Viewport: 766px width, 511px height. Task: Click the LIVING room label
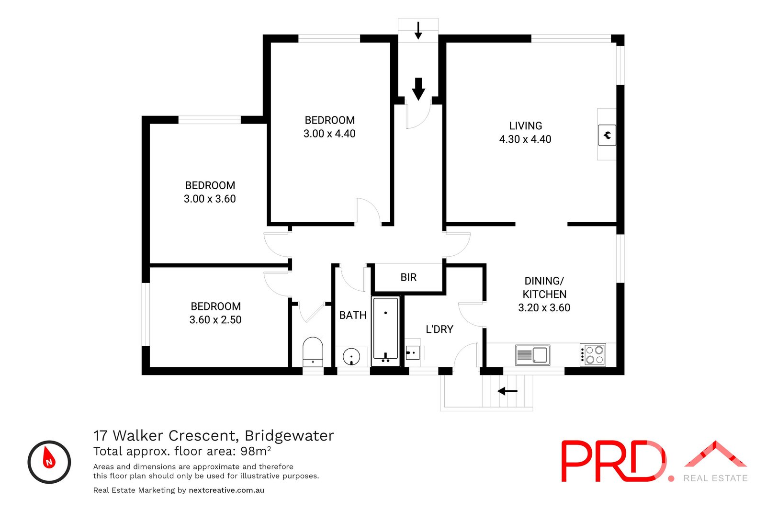click(525, 126)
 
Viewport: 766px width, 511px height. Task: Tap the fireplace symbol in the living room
click(607, 135)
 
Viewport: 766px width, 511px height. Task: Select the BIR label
click(408, 277)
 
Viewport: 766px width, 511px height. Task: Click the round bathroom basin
click(351, 357)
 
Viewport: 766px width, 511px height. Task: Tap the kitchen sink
click(532, 355)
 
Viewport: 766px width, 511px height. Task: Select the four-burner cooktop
click(593, 355)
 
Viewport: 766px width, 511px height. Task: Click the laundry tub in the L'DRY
click(412, 353)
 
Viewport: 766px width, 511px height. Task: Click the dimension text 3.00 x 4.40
click(329, 134)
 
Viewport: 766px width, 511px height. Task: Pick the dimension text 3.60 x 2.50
click(215, 320)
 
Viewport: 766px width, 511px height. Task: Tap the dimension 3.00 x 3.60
click(210, 199)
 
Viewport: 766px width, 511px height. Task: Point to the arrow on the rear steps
click(507, 391)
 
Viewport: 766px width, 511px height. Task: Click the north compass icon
click(49, 462)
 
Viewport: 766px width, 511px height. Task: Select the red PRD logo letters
click(613, 461)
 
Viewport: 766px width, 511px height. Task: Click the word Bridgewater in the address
click(289, 436)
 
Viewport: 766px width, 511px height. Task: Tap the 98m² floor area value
click(256, 451)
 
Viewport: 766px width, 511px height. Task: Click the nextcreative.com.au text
click(226, 490)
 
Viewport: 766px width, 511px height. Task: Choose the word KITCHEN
click(544, 295)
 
